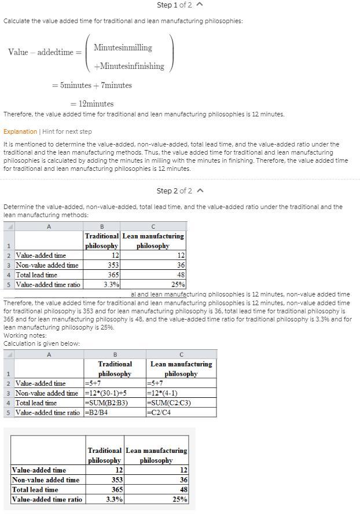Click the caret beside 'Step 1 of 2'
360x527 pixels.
coord(200,5)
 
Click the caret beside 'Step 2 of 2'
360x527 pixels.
coord(200,191)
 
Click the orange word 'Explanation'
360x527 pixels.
coord(20,131)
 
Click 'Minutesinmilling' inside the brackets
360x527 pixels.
coord(123,47)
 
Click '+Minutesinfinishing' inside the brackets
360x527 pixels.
coord(128,66)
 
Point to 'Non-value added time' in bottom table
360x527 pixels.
coord(46,480)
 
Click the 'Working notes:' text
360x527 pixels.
coord(25,335)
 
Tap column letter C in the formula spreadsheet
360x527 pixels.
coord(181,354)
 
